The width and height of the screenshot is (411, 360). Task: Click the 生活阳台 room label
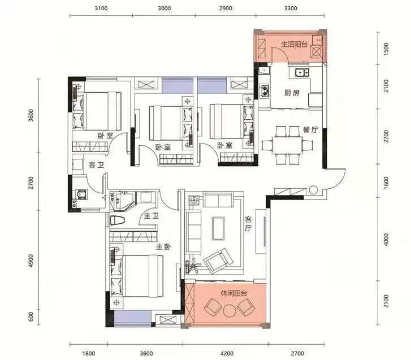pyautogui.click(x=294, y=44)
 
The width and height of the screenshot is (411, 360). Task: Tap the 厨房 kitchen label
pyautogui.click(x=292, y=93)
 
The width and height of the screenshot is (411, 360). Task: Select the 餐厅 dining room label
pyautogui.click(x=310, y=129)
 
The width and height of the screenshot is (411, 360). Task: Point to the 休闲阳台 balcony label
pyautogui.click(x=234, y=293)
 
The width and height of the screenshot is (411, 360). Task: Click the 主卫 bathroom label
pyautogui.click(x=152, y=216)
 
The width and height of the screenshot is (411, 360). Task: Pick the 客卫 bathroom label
pyautogui.click(x=96, y=165)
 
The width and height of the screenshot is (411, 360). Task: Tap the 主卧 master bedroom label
pyautogui.click(x=163, y=247)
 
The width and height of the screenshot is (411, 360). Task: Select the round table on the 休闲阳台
pyautogui.click(x=230, y=311)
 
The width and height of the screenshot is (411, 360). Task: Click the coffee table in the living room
pyautogui.click(x=218, y=228)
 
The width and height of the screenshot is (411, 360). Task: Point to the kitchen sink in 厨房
pyautogui.click(x=302, y=72)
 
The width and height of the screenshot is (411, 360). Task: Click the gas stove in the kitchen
pyautogui.click(x=264, y=90)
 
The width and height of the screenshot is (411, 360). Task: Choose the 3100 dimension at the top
pyautogui.click(x=101, y=8)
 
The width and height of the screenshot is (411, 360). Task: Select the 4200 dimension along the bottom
pyautogui.click(x=227, y=353)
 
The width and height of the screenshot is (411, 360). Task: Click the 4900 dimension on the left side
pyautogui.click(x=31, y=261)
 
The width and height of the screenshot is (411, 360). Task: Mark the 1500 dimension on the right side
pyautogui.click(x=386, y=49)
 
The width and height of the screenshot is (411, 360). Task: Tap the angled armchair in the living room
pyautogui.click(x=218, y=261)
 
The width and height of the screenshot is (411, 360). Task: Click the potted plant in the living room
pyautogui.click(x=194, y=265)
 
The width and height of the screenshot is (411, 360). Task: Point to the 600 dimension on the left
pyautogui.click(x=31, y=316)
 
